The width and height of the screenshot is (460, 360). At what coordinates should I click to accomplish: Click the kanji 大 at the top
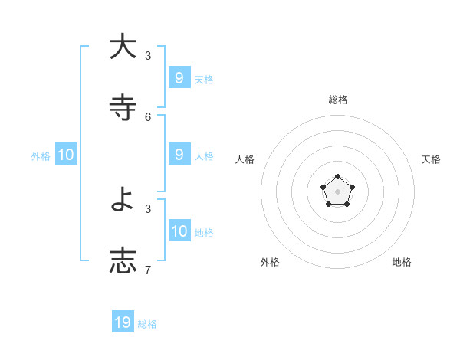point(123,47)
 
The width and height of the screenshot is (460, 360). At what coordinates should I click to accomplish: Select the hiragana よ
point(123,200)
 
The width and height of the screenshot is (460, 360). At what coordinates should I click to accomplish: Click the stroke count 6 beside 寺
point(148,116)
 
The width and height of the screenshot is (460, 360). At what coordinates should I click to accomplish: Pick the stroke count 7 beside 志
point(148,270)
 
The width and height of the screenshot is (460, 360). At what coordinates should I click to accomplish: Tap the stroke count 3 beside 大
point(148,56)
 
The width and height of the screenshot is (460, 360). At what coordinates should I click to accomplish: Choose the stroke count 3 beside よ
point(148,208)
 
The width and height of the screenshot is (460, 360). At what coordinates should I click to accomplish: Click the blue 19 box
point(123,322)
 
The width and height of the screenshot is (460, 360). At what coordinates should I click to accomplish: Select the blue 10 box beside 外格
point(66,155)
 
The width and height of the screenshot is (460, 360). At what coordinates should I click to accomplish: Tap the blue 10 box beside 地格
point(179,231)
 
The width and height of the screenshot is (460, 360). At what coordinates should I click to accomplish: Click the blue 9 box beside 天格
point(179,78)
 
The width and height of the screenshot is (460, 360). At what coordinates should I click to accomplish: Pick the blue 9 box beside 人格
point(179,155)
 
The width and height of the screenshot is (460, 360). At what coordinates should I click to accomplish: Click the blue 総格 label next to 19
point(147,324)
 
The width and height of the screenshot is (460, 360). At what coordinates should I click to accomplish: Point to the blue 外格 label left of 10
point(41,156)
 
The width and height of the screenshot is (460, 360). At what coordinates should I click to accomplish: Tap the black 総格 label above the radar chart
point(338,100)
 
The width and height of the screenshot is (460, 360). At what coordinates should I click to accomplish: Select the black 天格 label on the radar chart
point(431,159)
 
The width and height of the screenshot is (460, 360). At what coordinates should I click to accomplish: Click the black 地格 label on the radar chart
point(402,262)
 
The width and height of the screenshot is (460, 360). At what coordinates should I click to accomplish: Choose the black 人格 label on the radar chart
point(245,159)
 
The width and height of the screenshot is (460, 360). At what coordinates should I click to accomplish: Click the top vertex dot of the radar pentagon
point(337,177)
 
